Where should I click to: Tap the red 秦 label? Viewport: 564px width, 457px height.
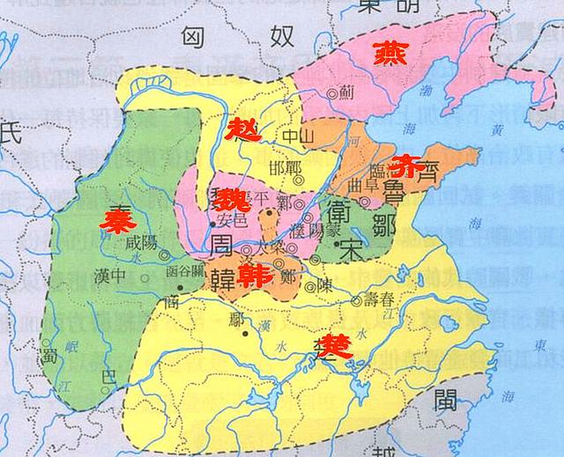click(116, 219)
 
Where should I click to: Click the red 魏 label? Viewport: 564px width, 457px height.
click(233, 197)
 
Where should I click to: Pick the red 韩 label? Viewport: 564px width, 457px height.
click(257, 278)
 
